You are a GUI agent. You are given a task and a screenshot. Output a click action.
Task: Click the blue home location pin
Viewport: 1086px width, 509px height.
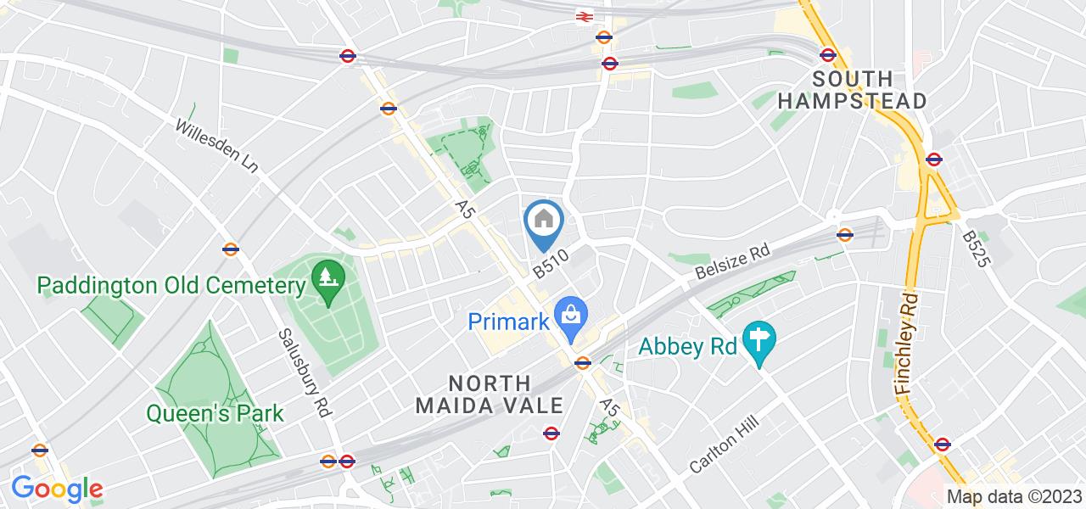(x=544, y=221)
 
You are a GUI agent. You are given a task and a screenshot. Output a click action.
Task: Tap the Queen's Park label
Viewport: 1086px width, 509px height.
(x=215, y=414)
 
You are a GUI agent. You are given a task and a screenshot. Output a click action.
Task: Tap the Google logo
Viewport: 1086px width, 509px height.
(x=56, y=489)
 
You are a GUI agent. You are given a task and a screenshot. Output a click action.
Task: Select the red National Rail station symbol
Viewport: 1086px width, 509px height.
(x=584, y=15)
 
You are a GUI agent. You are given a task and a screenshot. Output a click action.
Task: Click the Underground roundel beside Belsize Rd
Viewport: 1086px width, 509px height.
(x=844, y=235)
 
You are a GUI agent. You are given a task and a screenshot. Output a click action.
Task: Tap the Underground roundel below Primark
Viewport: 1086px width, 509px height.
(x=582, y=363)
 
